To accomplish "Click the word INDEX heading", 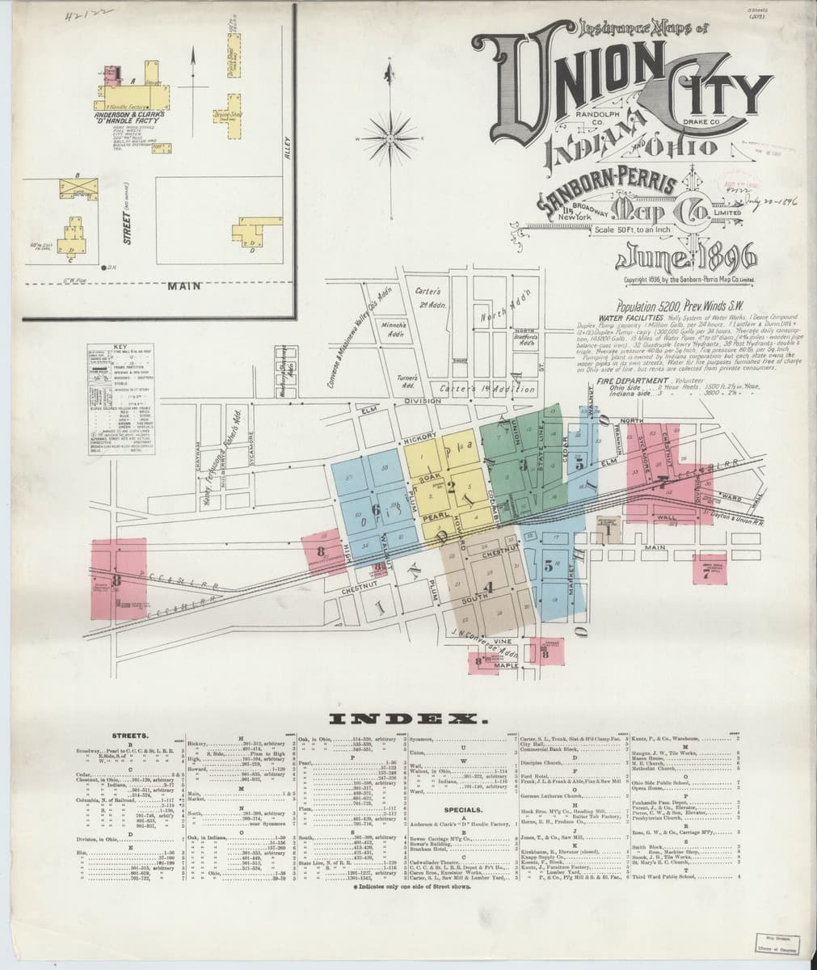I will pos(407,719).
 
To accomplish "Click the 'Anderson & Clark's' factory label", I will pos(132,114).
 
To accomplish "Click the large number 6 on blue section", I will pos(376,508).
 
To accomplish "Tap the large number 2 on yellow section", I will pos(451,486).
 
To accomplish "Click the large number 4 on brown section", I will pos(486,586).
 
